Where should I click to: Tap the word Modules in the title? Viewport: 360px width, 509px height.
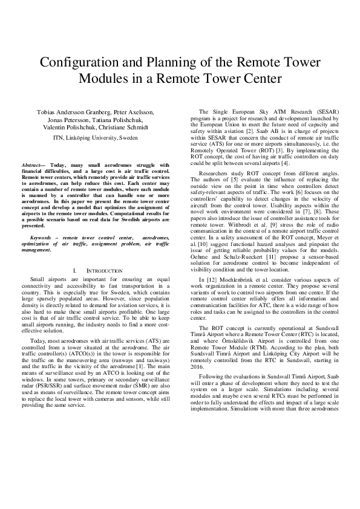(103, 79)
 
